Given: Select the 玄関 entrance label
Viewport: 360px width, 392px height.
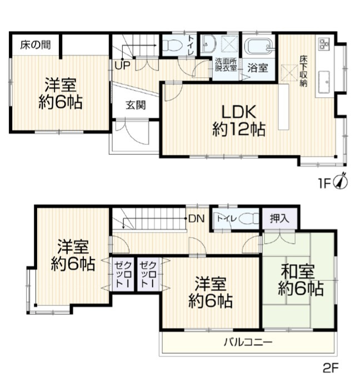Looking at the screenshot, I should pyautogui.click(x=135, y=104).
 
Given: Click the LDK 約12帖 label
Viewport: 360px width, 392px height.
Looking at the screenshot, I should pyautogui.click(x=238, y=120).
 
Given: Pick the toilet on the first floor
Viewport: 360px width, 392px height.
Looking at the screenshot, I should pyautogui.click(x=173, y=45).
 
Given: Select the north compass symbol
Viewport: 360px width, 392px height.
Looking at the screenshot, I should pyautogui.click(x=342, y=182).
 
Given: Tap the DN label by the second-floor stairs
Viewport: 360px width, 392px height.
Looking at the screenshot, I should pyautogui.click(x=196, y=218).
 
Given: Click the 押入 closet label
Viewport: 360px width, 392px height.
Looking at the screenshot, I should pyautogui.click(x=280, y=218).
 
